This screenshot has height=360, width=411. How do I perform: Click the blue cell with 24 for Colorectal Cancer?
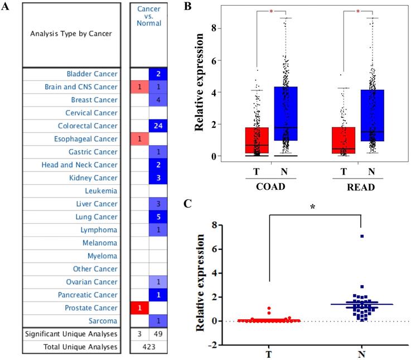(158, 126)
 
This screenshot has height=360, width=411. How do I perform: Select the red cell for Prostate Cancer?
(139, 308)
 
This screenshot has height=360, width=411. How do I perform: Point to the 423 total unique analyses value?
(148, 347)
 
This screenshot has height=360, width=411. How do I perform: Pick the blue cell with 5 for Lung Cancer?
(158, 217)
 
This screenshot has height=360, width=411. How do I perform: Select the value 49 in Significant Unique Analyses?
(158, 334)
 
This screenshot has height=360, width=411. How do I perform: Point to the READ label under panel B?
(357, 186)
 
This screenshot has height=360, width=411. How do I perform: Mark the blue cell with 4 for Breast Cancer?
(158, 100)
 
